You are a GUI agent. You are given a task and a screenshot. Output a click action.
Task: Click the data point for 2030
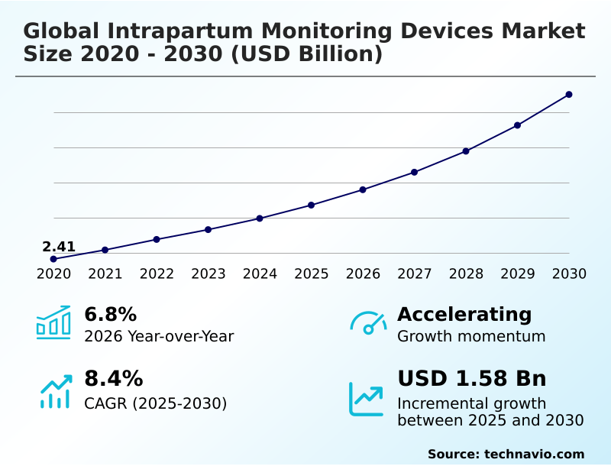pyautogui.click(x=569, y=95)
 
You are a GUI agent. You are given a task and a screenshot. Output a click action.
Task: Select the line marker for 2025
pyautogui.click(x=312, y=205)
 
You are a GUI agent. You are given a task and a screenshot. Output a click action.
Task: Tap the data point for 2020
pyautogui.click(x=53, y=259)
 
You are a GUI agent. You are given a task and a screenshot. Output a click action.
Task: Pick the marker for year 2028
pyautogui.click(x=466, y=151)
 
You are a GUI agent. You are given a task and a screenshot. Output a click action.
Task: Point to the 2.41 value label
pyautogui.click(x=59, y=247)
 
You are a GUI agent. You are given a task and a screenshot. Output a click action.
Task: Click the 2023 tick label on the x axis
pyautogui.click(x=209, y=274)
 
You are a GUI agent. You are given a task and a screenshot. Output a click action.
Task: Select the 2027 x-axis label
pyautogui.click(x=415, y=274)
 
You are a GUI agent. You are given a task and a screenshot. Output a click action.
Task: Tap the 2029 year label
pyautogui.click(x=518, y=274)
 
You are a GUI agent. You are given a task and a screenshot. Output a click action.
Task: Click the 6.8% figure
pyautogui.click(x=110, y=314)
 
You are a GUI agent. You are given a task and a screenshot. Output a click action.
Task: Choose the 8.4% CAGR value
pyautogui.click(x=113, y=379)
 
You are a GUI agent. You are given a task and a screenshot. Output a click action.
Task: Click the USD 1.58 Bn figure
pyautogui.click(x=472, y=379)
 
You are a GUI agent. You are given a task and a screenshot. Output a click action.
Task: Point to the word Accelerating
pyautogui.click(x=464, y=314)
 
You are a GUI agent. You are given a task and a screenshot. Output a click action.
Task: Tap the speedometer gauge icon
pyautogui.click(x=368, y=322)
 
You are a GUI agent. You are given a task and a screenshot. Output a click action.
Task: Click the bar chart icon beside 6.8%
pyautogui.click(x=53, y=322)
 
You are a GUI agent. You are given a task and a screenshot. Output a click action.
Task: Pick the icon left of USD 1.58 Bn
pyautogui.click(x=367, y=399)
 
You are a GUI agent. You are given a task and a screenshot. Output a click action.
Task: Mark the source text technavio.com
pyautogui.click(x=534, y=454)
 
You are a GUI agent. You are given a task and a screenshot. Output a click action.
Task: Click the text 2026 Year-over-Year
pyautogui.click(x=159, y=336)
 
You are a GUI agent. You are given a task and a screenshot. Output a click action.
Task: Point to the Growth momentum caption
pyautogui.click(x=471, y=336)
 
